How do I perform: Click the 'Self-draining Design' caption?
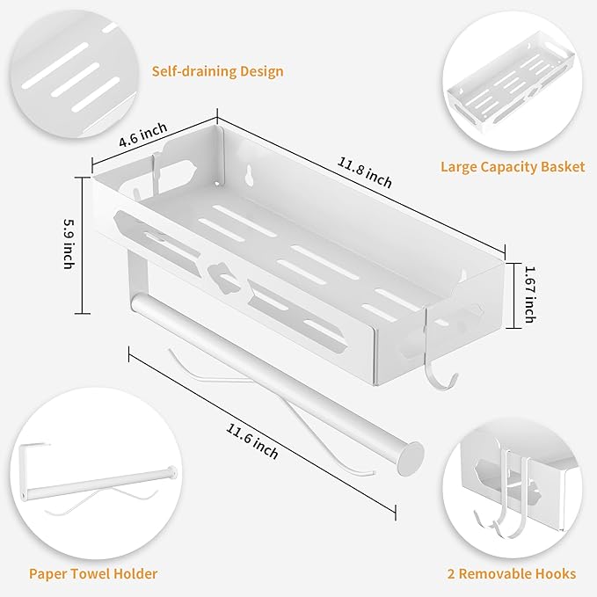click(217, 71)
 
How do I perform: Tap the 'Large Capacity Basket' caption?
click(513, 166)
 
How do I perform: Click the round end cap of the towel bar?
click(411, 455)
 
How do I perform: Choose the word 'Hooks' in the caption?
click(555, 573)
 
